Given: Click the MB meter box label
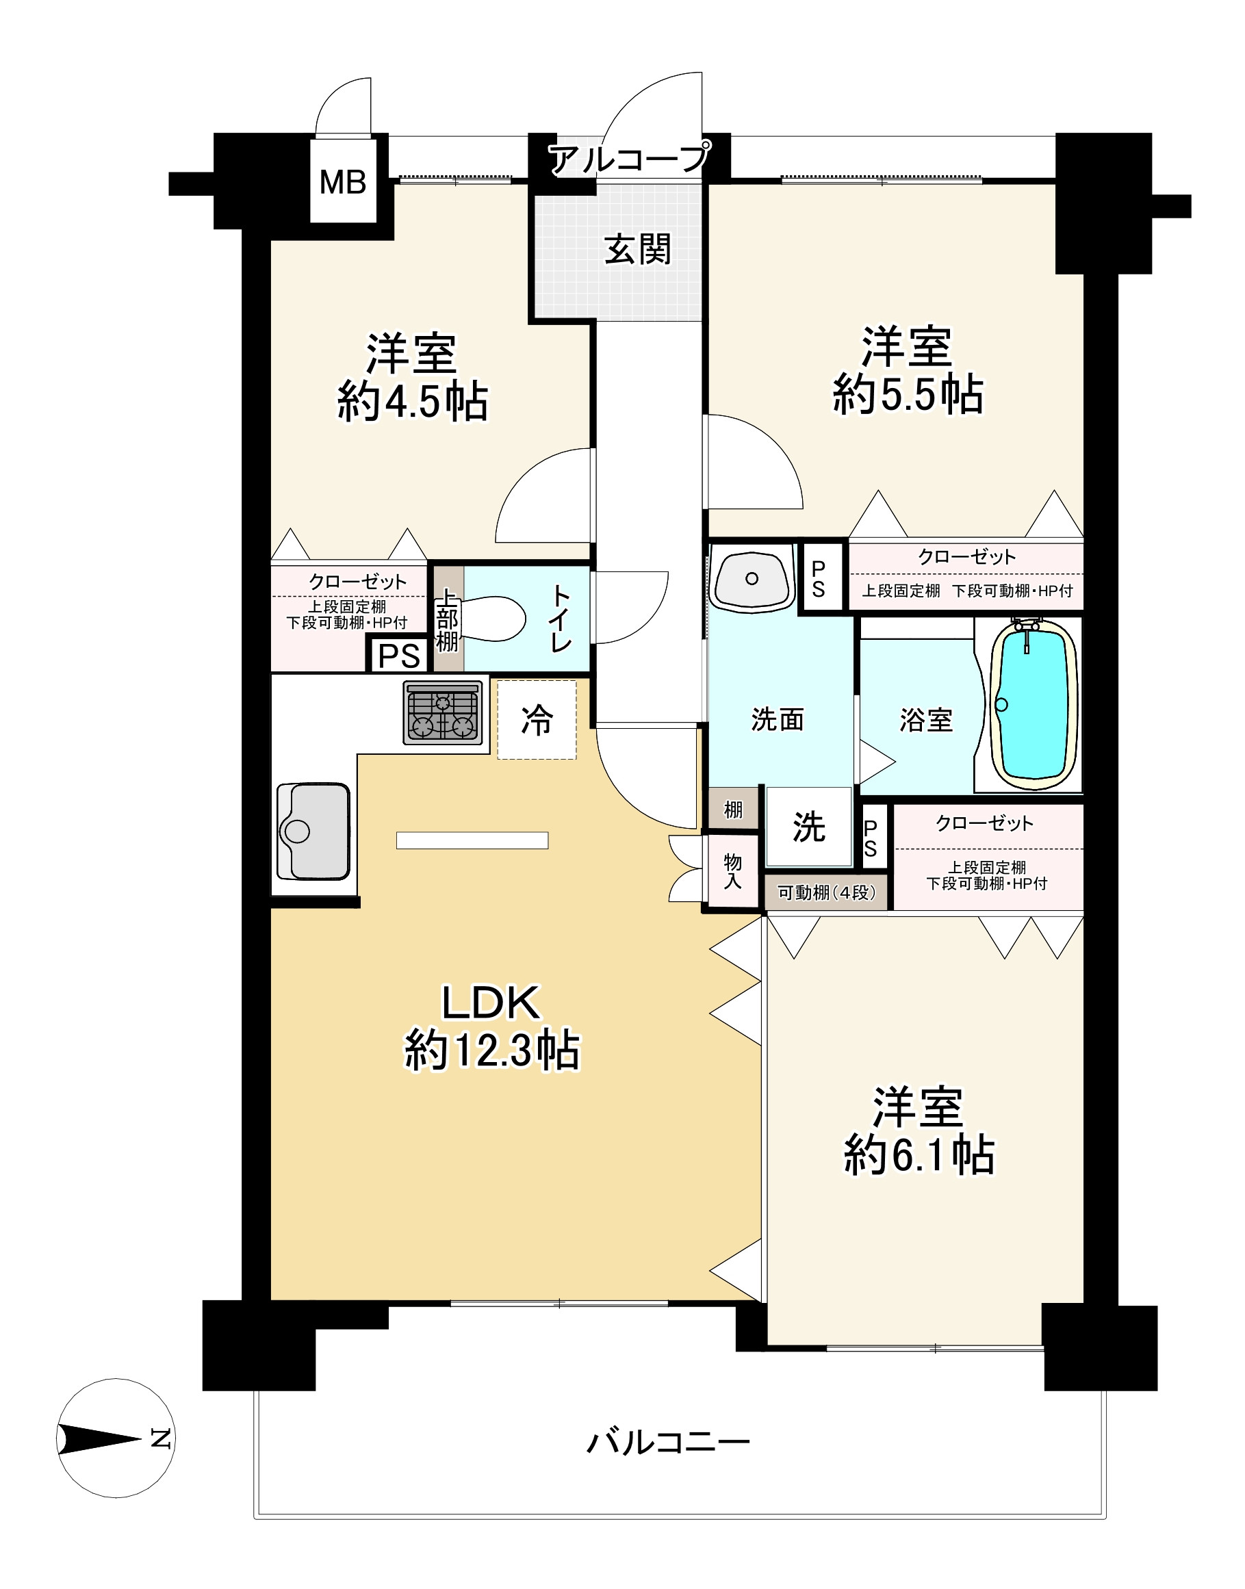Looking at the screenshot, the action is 343,182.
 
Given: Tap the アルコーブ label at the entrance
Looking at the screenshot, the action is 628,158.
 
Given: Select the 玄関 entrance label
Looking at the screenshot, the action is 638,250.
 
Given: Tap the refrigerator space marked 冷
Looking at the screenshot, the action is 537,720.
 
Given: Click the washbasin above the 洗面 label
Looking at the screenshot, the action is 752,579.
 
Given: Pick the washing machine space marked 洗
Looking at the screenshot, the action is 808,827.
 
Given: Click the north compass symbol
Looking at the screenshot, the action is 116,1438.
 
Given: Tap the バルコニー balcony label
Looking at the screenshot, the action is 669,1442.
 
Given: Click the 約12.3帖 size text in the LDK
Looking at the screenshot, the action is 493,1050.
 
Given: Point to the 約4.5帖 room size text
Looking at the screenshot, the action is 413,400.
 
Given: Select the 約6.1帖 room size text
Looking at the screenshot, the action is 919,1154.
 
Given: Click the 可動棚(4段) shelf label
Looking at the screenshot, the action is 827,893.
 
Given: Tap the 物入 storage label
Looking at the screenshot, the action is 732,871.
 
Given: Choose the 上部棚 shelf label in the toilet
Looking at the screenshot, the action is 447,619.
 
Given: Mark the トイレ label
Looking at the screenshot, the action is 561,618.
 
